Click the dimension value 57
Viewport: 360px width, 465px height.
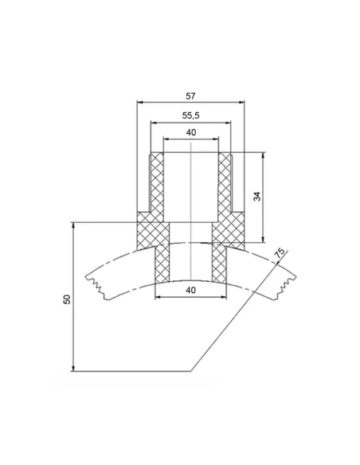coord(190,96)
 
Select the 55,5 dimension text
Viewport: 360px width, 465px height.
coord(190,115)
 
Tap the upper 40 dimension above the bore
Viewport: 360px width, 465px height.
coord(191,132)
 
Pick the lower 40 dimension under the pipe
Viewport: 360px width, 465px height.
coord(190,290)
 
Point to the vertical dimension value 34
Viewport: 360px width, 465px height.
coord(257,197)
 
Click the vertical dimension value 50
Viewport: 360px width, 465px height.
coord(68,299)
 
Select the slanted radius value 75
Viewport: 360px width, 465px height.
coord(280,252)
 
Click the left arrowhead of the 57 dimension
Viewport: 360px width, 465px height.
coord(140,102)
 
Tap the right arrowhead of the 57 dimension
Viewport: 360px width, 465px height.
coord(241,102)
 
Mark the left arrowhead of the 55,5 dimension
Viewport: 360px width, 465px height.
coord(154,122)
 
